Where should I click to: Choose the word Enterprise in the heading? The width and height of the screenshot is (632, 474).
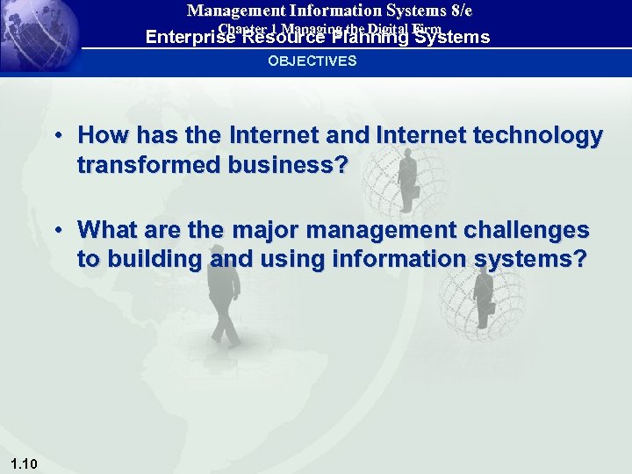coord(189,38)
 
